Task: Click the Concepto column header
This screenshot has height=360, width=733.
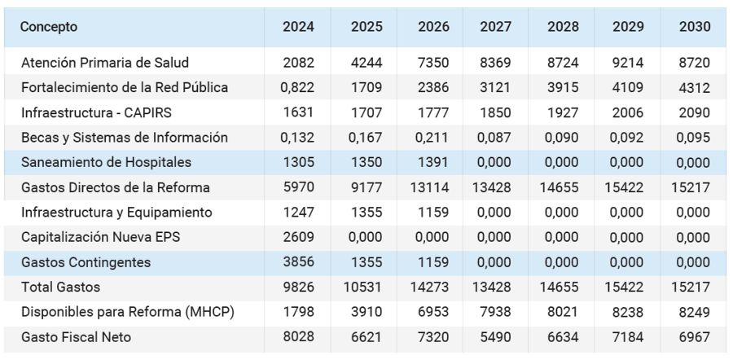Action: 49,27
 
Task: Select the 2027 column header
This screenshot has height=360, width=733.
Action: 495,27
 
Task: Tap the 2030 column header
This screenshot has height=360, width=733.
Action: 695,27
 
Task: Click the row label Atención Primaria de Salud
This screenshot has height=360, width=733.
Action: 105,63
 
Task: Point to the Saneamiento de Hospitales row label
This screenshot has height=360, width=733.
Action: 106,162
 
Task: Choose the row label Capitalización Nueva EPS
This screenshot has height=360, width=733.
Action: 100,237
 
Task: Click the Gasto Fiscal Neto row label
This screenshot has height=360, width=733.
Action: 77,336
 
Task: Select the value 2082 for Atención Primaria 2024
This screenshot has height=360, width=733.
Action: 299,63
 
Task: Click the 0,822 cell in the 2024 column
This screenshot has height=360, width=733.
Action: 297,88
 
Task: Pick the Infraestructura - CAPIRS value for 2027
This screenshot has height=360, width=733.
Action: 495,112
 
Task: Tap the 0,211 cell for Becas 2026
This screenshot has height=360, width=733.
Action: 432,138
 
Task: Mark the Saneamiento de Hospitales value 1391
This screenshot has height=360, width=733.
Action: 433,162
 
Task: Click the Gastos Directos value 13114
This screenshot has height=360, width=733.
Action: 430,187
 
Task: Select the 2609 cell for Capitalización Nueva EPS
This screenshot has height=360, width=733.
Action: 299,237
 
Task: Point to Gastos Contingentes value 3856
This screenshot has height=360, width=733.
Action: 299,261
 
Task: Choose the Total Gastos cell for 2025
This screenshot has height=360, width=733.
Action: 363,287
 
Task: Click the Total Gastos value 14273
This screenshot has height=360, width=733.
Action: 430,287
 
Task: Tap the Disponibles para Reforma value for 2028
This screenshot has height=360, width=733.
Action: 564,312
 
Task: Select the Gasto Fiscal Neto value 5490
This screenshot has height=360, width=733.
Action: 495,336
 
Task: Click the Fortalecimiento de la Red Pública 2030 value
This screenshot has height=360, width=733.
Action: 695,88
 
